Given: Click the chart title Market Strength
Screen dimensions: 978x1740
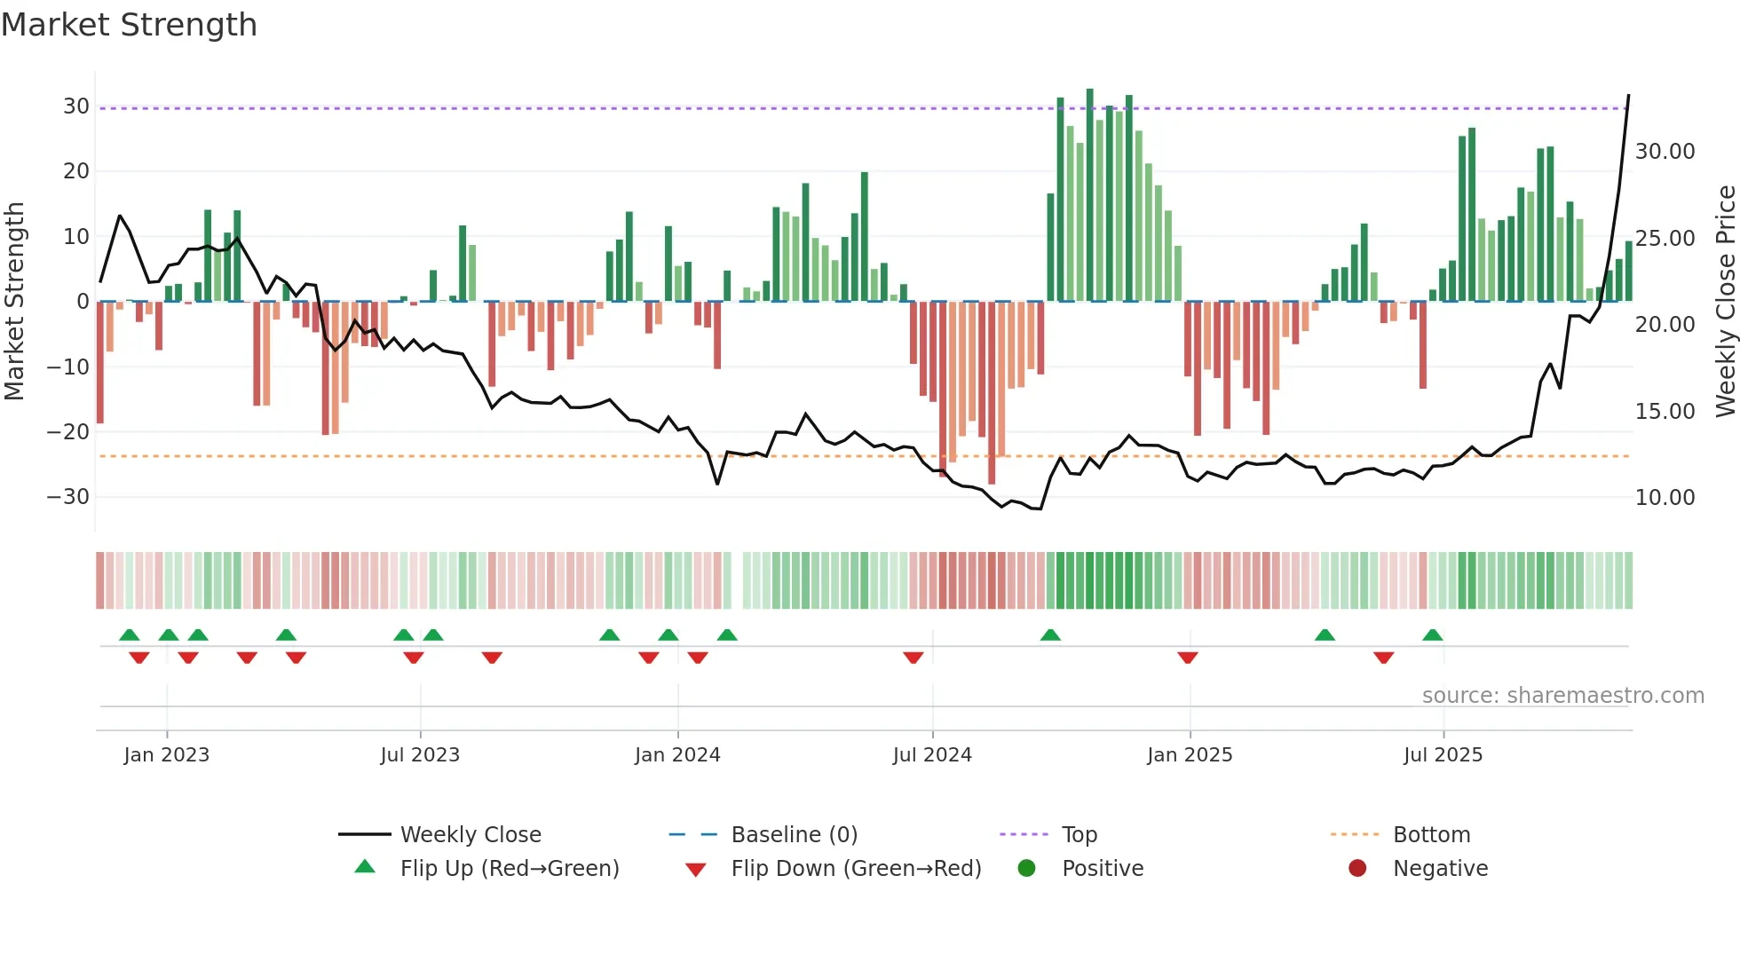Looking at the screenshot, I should pos(129,25).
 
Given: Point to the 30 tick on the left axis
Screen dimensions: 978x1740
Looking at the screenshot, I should pos(76,106).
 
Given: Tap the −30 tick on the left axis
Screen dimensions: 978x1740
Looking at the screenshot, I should pos(68,497).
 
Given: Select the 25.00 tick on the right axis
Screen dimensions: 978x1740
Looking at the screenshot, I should pos(1665,239).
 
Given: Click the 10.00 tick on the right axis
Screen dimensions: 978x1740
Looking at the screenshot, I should pos(1665,498).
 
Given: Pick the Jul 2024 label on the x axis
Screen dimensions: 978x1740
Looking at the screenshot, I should pos(932,755).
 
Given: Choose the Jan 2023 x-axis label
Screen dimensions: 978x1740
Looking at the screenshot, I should pos(167,755).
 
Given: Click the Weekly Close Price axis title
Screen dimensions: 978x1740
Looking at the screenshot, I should pos(1725,302).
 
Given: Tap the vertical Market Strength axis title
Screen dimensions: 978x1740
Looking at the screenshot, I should pos(15,302).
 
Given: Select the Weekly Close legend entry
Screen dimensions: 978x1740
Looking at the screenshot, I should pos(470,835).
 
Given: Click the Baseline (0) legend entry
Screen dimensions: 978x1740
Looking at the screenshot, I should pos(794,835).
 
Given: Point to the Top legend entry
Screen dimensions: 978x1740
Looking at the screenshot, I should pos(1079,835).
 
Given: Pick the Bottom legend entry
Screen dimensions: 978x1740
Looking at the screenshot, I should pos(1431,835).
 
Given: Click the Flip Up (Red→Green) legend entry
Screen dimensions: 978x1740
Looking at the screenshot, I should pos(509,869).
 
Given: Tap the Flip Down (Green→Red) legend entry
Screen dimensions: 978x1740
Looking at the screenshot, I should pos(856,869).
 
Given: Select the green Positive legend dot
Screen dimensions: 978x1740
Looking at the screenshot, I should pos(1027,868).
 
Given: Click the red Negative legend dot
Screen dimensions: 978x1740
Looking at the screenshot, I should pos(1357,868).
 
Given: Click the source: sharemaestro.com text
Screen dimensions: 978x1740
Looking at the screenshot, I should pos(1562,696).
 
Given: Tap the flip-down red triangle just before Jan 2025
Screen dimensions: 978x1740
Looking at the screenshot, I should pos(1188,658).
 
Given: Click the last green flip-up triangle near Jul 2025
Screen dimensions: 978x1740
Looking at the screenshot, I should pos(1433,635).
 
